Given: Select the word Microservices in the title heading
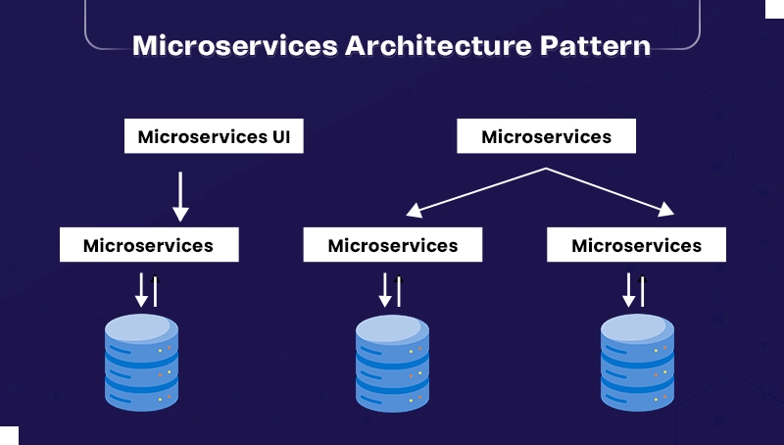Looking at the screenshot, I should (235, 45).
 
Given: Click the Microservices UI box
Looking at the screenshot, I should (214, 137).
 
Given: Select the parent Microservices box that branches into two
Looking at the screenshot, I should (546, 137).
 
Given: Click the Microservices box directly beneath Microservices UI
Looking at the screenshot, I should (149, 245).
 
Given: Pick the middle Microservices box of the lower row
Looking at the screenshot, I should (392, 245).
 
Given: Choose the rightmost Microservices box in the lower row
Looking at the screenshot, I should (636, 245).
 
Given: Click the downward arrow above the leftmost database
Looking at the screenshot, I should (141, 290).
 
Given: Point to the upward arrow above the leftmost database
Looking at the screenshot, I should (155, 290).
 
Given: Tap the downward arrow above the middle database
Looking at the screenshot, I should (385, 290).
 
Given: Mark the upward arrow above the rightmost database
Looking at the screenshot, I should (643, 290).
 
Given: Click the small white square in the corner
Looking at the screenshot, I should (9, 435).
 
